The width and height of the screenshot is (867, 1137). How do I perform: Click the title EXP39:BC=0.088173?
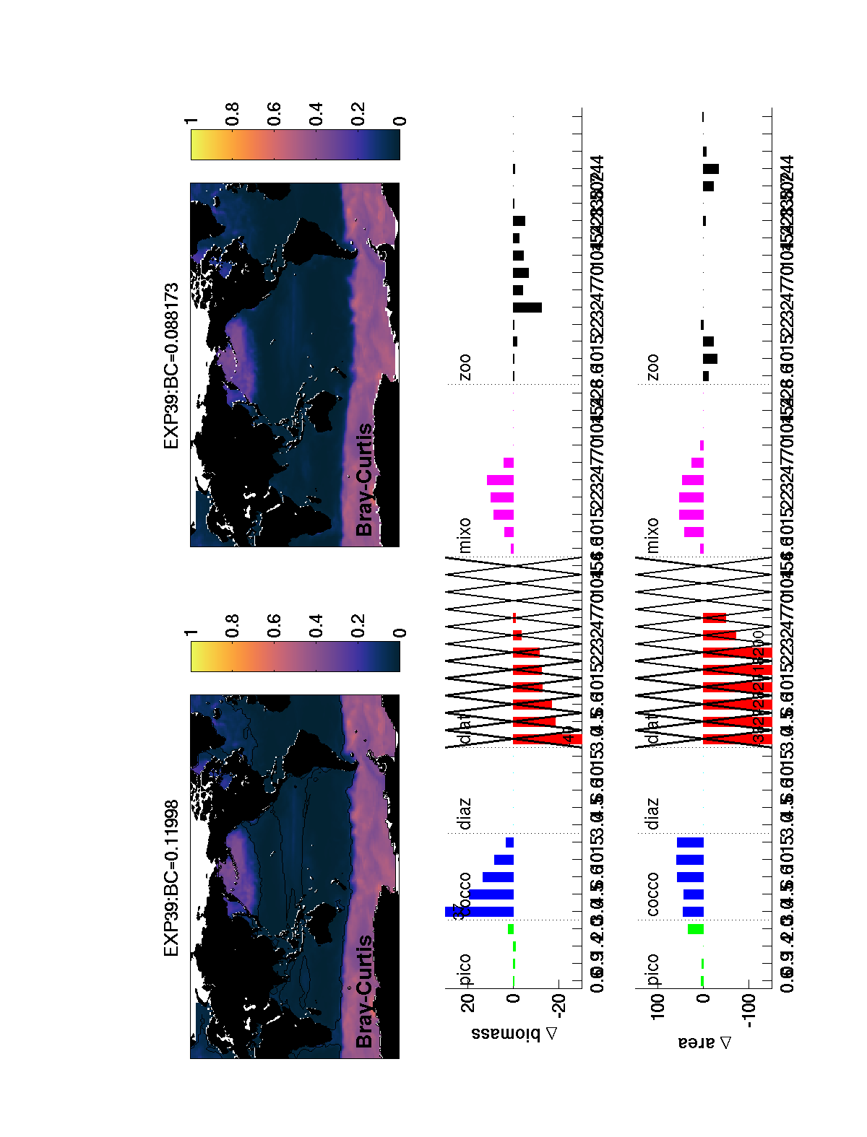point(171,366)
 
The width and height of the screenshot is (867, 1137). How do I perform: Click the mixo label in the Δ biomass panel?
point(465,535)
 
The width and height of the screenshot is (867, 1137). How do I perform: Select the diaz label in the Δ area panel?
point(653,814)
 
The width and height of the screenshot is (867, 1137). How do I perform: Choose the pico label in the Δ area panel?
point(653,970)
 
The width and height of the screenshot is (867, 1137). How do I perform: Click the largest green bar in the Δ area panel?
point(695,929)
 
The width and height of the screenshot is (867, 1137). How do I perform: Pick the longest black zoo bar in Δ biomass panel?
point(527,308)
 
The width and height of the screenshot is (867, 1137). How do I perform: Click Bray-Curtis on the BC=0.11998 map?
point(365,990)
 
